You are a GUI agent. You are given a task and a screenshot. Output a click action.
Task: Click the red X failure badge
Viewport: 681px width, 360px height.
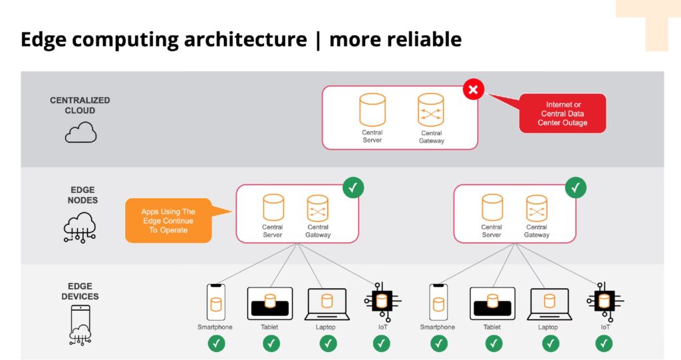tap(474, 89)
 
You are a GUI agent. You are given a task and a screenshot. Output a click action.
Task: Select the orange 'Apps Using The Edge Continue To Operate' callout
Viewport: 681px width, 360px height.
tap(168, 221)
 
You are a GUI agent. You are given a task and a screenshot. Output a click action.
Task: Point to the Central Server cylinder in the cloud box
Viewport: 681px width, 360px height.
tap(372, 110)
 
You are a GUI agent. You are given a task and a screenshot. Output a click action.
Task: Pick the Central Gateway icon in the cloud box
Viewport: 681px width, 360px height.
tap(431, 110)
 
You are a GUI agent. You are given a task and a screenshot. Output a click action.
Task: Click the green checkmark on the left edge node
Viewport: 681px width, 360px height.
tap(354, 188)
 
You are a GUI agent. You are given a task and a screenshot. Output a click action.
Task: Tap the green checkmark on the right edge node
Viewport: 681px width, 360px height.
tap(576, 188)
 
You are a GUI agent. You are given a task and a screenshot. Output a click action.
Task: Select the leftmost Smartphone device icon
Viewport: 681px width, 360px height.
tap(215, 303)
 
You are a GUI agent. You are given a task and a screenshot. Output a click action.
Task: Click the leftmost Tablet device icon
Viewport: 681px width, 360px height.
tap(269, 303)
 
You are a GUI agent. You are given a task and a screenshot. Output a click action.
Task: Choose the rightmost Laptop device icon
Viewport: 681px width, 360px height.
tap(549, 304)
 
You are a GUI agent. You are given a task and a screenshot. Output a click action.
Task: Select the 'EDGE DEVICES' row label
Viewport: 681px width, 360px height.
tap(80, 291)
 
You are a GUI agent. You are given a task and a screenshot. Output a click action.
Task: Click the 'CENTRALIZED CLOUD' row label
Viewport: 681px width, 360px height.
tap(80, 105)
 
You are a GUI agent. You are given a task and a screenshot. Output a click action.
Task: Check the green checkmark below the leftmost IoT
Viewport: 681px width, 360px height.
tap(381, 343)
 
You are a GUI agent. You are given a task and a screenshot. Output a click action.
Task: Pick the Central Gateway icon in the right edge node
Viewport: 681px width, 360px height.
tap(536, 208)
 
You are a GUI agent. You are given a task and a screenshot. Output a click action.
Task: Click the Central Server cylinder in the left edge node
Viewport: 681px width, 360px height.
tap(273, 208)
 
